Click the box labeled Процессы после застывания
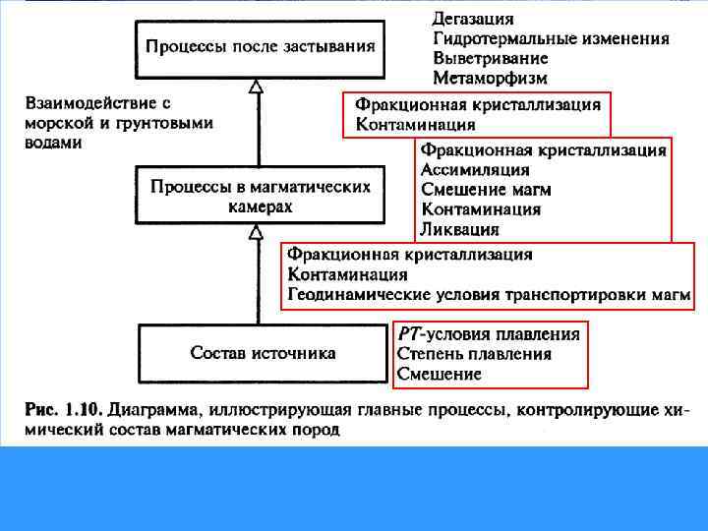[x=261, y=46]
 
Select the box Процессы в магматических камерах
[x=261, y=196]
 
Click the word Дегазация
[x=473, y=19]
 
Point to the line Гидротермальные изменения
[x=551, y=38]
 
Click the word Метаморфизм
[x=490, y=78]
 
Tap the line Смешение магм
[x=486, y=190]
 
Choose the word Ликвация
[x=459, y=229]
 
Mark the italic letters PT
[x=409, y=334]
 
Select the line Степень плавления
[x=474, y=354]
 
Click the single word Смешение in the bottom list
[x=439, y=374]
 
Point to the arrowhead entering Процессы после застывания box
[x=257, y=87]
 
